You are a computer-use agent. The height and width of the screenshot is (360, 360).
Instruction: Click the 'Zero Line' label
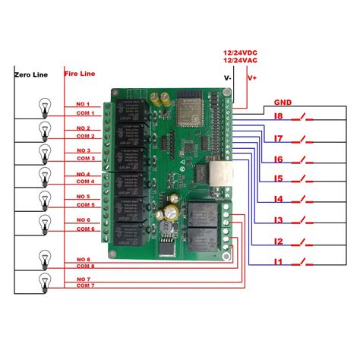[30, 74]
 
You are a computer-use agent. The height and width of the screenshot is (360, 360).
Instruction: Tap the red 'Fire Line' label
[79, 74]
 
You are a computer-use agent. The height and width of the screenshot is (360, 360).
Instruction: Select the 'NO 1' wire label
[83, 104]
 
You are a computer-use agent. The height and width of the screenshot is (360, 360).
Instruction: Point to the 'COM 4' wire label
[84, 182]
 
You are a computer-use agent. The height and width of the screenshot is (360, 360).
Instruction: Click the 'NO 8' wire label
[84, 260]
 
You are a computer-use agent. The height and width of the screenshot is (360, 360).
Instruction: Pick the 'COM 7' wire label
[84, 286]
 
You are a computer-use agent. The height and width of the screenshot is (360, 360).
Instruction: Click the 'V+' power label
[252, 77]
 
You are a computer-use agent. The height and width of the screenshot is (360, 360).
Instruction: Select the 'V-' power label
[227, 77]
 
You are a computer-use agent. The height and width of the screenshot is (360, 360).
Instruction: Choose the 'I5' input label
[278, 179]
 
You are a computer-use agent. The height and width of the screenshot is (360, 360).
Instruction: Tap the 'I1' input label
[278, 262]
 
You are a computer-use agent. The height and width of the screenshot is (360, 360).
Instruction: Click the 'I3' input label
[278, 220]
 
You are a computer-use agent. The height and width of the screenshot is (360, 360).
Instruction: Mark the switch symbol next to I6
[305, 159]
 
